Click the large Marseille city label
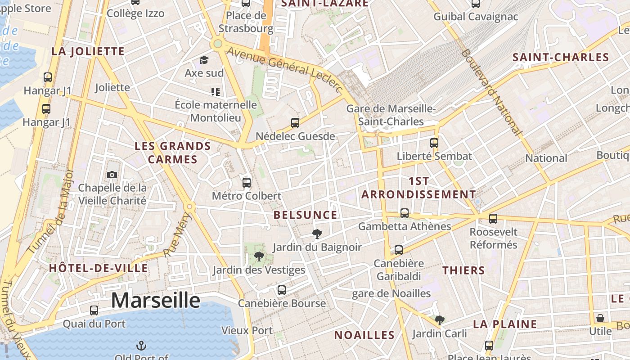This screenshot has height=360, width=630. (x=155, y=300)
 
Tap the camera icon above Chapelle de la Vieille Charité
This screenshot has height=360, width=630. (x=112, y=175)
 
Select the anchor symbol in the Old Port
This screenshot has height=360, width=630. (x=142, y=346)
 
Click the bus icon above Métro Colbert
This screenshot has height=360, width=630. (x=247, y=182)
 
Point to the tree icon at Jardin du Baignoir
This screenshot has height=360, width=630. (x=317, y=234)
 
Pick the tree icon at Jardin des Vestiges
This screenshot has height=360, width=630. (x=259, y=256)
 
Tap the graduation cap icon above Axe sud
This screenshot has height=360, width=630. (x=204, y=60)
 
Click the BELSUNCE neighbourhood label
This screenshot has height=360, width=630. (x=305, y=215)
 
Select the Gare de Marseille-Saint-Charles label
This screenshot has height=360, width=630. (x=390, y=115)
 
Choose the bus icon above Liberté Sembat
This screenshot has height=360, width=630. (x=434, y=143)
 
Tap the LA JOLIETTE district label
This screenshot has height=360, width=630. (x=88, y=51)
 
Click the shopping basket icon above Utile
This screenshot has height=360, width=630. (x=600, y=318)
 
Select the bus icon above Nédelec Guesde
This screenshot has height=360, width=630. (x=295, y=122)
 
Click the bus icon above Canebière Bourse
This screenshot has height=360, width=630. (x=282, y=290)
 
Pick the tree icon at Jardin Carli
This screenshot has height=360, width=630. (x=440, y=320)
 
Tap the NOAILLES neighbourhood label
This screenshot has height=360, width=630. (x=364, y=335)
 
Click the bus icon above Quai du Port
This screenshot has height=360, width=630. (x=94, y=310)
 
